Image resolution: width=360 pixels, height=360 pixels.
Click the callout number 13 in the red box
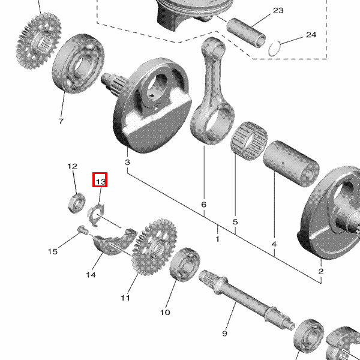pyautogui.click(x=100, y=180)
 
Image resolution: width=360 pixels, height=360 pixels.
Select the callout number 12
pyautogui.click(x=72, y=166)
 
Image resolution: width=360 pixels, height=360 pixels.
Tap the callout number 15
pyautogui.click(x=53, y=251)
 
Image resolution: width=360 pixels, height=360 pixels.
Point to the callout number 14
pyautogui.click(x=91, y=275)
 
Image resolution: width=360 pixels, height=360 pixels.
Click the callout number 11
pyautogui.click(x=125, y=298)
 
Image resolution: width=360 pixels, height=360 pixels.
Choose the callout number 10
pyautogui.click(x=165, y=312)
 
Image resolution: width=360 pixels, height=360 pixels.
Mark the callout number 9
pyautogui.click(x=225, y=334)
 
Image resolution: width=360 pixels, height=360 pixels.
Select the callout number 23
pyautogui.click(x=278, y=11)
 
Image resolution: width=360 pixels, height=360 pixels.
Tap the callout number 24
pyautogui.click(x=310, y=35)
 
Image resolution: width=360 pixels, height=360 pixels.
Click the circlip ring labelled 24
pyautogui.click(x=275, y=47)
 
